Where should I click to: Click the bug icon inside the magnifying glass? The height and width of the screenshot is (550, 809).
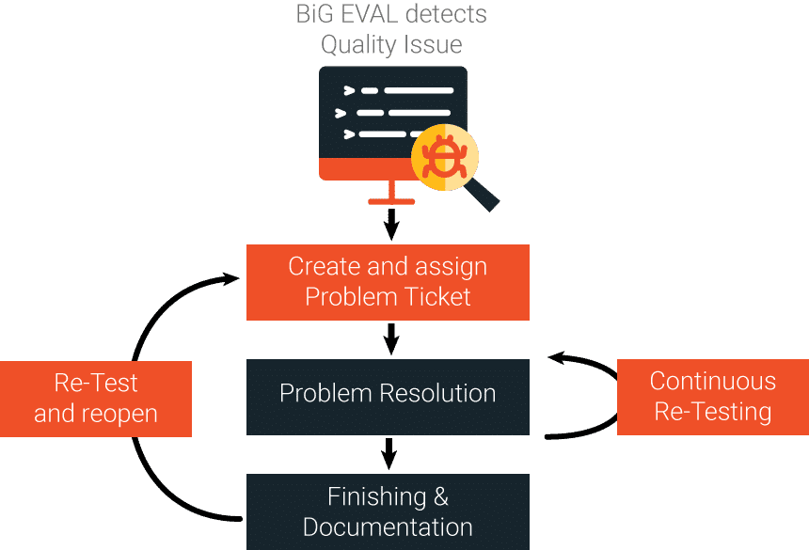[439, 158]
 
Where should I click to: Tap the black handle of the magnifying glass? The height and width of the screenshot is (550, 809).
[484, 195]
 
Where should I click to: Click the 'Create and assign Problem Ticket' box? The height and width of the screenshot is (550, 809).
[388, 282]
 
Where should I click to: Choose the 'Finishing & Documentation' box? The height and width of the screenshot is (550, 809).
[388, 511]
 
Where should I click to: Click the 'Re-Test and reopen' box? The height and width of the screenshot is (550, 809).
[96, 399]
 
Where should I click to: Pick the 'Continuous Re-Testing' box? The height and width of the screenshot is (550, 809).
[712, 396]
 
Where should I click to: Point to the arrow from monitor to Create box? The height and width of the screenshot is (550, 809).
[392, 224]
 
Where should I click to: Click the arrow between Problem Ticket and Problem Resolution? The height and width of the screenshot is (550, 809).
[392, 338]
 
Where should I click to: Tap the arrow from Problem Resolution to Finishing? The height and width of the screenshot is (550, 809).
[389, 453]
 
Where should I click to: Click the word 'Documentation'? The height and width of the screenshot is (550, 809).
[388, 526]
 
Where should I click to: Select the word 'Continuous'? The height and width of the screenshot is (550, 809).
[712, 381]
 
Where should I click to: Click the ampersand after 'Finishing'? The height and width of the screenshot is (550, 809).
[439, 496]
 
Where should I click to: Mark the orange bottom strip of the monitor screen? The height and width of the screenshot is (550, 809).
[367, 169]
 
